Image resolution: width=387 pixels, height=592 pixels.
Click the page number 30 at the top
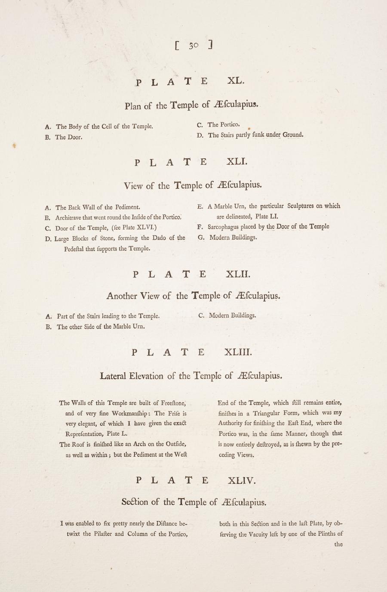[x=193, y=46]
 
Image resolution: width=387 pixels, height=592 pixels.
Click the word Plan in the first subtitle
[x=133, y=106]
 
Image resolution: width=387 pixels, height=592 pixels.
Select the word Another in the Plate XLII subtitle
[x=122, y=296]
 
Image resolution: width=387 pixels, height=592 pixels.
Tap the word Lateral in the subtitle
[x=113, y=376]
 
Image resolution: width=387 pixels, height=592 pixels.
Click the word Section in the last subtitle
[x=135, y=502]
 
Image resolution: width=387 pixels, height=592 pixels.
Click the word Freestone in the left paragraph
[x=172, y=403]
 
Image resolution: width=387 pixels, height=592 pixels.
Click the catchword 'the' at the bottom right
[x=338, y=544]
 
